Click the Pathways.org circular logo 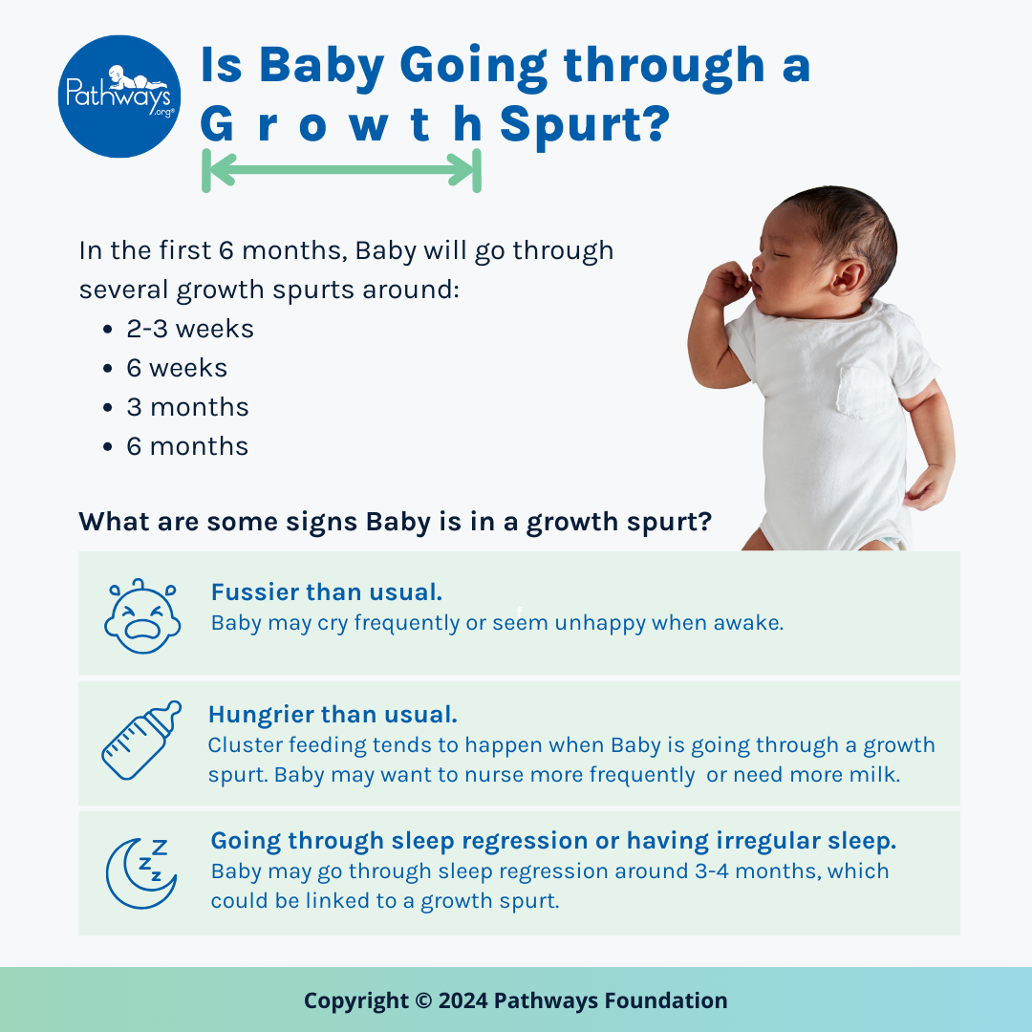click(x=119, y=97)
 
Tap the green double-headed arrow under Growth click(x=341, y=170)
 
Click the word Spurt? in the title click(x=585, y=123)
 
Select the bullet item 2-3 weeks click(x=189, y=329)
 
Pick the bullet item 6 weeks click(x=177, y=369)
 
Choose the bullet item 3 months click(x=187, y=407)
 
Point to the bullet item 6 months click(x=187, y=447)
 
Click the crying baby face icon click(x=142, y=616)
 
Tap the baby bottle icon click(x=141, y=741)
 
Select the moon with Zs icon click(x=140, y=873)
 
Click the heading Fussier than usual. click(x=327, y=592)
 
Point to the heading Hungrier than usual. click(x=333, y=715)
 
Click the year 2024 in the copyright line click(x=462, y=1000)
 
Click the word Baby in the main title click(x=322, y=66)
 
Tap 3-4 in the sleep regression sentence click(x=712, y=871)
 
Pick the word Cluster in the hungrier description click(x=245, y=745)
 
